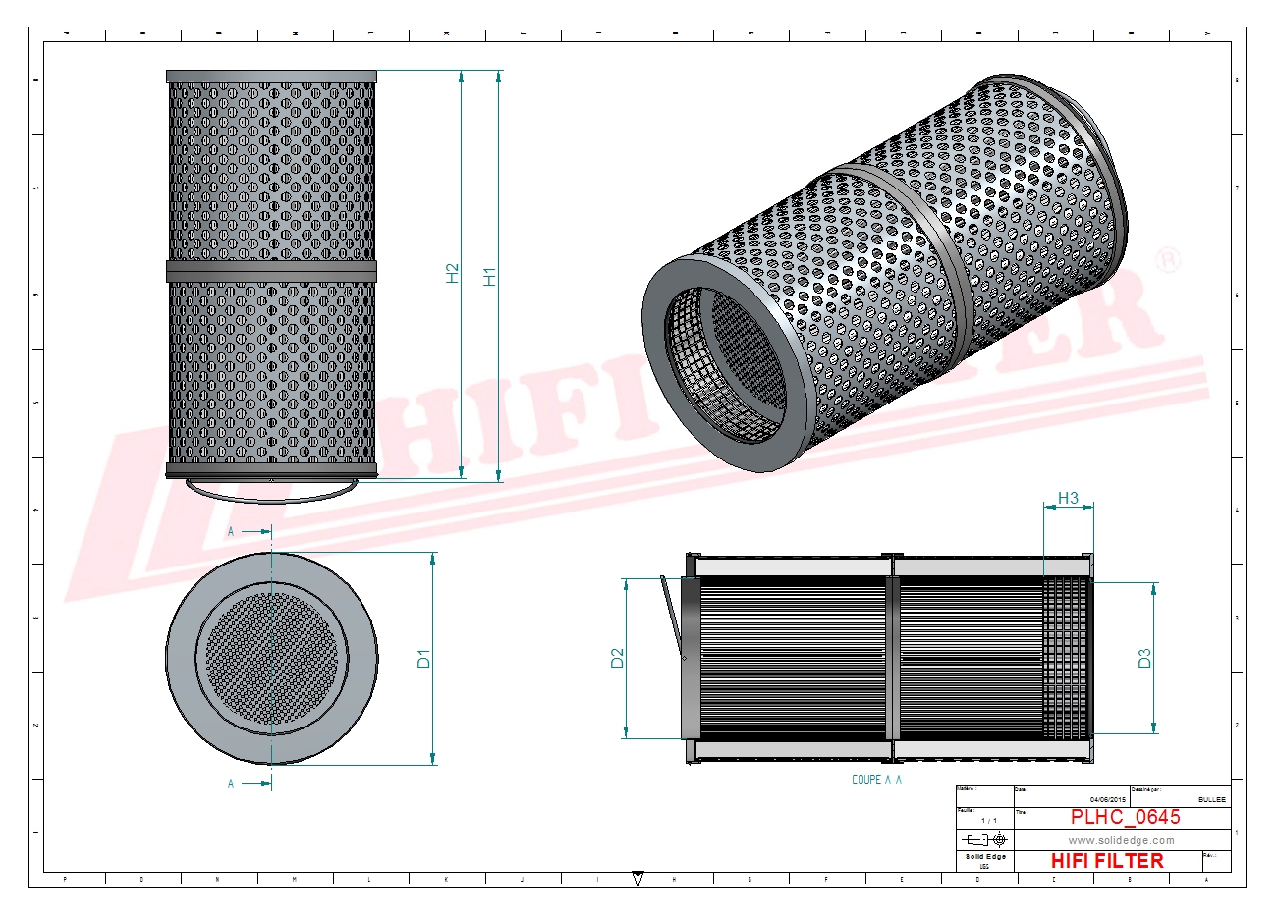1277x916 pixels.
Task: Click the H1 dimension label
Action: (x=490, y=277)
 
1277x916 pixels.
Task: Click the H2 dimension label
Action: (x=453, y=273)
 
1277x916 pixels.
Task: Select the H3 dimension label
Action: (x=1068, y=498)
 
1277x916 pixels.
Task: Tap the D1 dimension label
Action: (x=424, y=659)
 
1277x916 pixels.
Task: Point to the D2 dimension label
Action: (x=618, y=658)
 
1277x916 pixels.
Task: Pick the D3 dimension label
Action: (x=1144, y=659)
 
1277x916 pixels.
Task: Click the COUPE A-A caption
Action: (x=876, y=780)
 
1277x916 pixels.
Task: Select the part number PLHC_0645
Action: (x=1125, y=817)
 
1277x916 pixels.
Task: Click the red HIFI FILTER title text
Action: (x=1107, y=861)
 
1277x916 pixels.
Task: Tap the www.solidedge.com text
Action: (x=1121, y=840)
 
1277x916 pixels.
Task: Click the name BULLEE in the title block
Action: (x=1211, y=800)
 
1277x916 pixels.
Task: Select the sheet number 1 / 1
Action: (x=988, y=820)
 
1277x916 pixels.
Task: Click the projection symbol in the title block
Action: (x=986, y=839)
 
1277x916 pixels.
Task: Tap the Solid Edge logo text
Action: (x=985, y=857)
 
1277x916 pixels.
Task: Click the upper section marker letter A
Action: (x=232, y=531)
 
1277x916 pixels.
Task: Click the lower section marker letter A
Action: (x=232, y=783)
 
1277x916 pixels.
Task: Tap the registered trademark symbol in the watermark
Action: (x=1167, y=260)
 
